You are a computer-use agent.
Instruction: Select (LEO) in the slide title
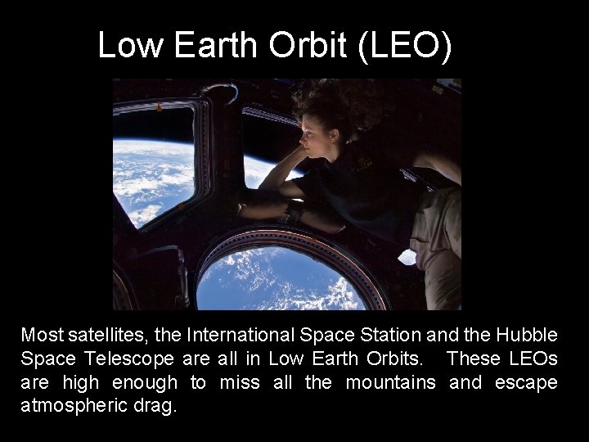(404, 46)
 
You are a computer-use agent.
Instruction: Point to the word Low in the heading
(131, 46)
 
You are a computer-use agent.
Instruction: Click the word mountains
(390, 382)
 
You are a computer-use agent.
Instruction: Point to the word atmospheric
(68, 406)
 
